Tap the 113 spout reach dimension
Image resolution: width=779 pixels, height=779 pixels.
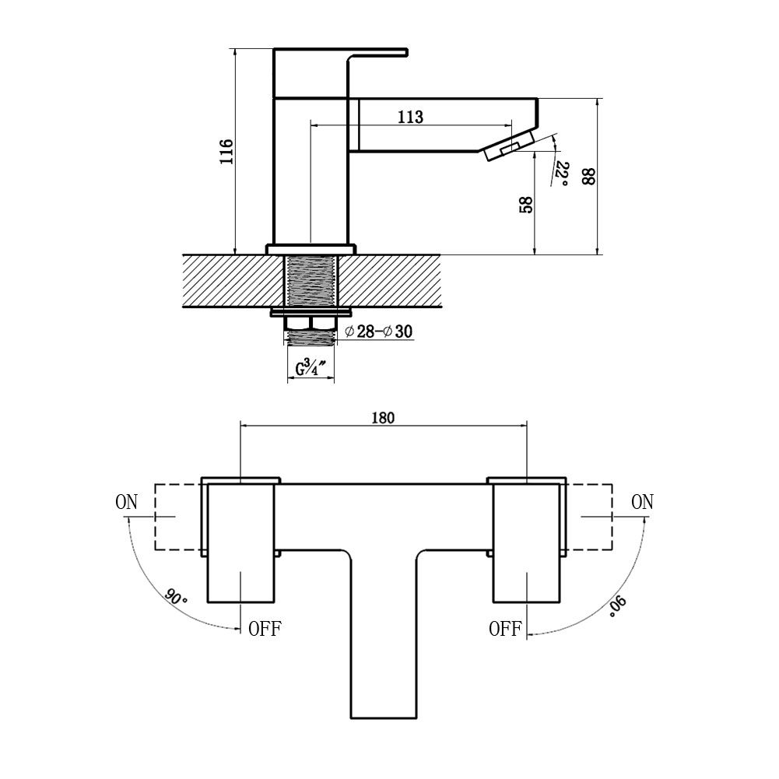[410, 117]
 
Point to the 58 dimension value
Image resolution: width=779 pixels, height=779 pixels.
[525, 205]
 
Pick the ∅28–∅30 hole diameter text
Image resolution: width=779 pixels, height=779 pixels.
[378, 332]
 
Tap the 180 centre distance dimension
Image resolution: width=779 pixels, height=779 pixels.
[383, 417]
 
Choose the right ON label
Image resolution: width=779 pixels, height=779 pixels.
[642, 502]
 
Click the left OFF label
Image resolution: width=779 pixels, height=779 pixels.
[265, 629]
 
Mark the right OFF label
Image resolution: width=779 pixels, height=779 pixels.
[504, 629]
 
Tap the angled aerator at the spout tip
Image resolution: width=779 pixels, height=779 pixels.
[507, 146]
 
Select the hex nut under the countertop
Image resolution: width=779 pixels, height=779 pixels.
[311, 322]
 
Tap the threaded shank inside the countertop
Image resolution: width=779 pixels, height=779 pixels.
[311, 282]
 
